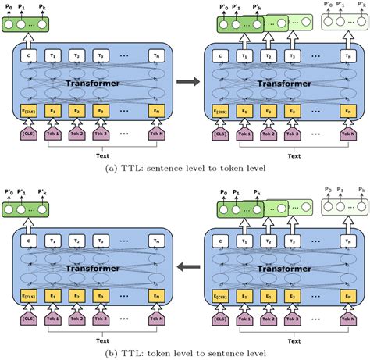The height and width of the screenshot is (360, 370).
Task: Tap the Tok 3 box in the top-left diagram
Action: (101, 134)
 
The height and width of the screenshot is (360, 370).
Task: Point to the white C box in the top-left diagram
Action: (30, 55)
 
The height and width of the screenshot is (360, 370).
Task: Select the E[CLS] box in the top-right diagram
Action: (221, 111)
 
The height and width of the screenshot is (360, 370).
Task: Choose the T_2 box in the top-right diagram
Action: (269, 55)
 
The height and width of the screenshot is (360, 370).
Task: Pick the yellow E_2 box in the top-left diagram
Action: (77, 111)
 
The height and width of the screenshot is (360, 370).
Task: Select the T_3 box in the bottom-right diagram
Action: (292, 244)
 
